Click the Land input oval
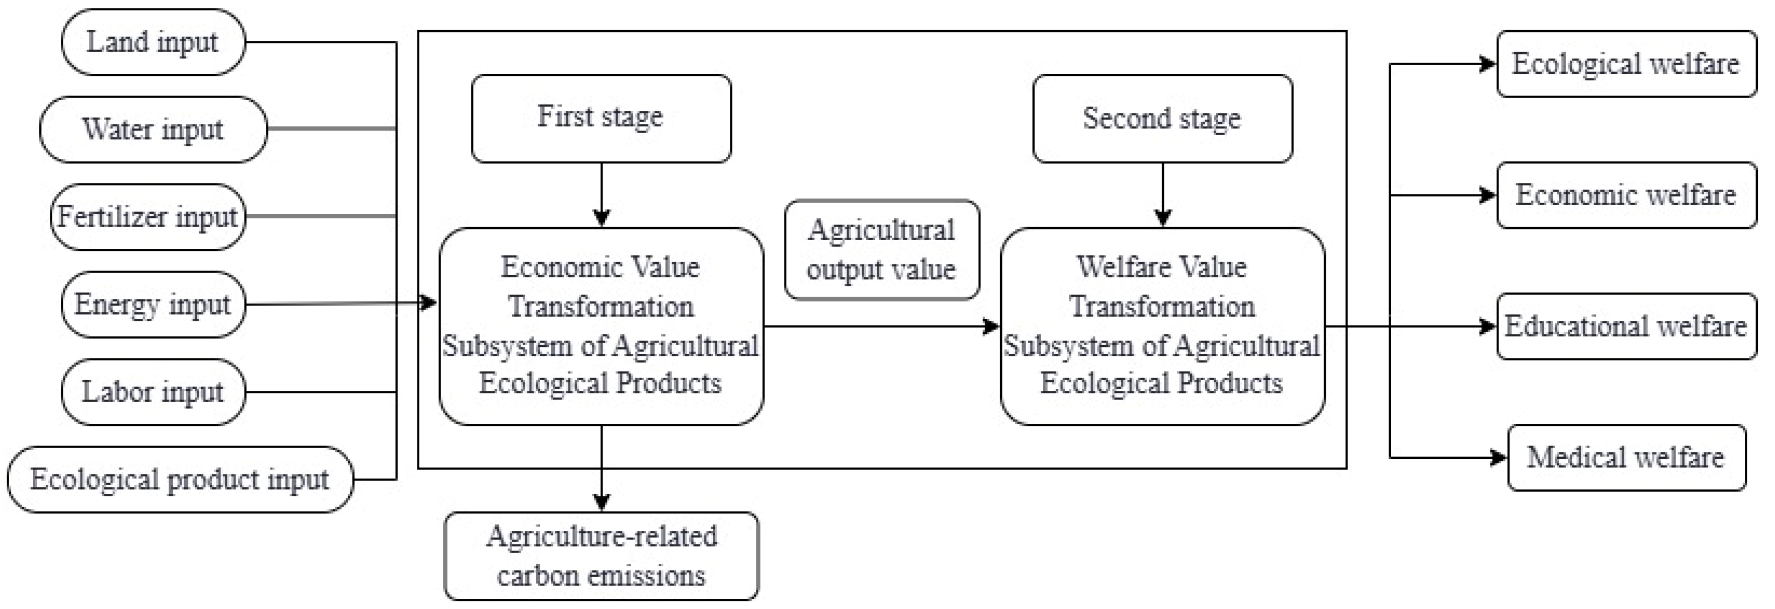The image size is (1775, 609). pos(153,42)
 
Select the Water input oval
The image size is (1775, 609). pos(153,130)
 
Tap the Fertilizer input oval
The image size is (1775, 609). pos(147,216)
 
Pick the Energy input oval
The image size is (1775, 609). pos(153,304)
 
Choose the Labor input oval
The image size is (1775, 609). pos(153,392)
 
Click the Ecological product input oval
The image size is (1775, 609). pos(180,479)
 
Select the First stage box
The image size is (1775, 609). pos(601,118)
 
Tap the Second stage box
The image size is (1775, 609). pos(1162,118)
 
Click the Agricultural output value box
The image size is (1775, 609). pos(881,250)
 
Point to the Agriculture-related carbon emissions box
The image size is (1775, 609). pos(601,556)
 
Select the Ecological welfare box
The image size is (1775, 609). pos(1626,64)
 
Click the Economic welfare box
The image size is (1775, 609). pos(1626,195)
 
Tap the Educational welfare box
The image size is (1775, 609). pos(1626,326)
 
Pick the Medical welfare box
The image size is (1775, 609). pos(1626,457)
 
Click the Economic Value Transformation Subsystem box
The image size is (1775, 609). pos(601,326)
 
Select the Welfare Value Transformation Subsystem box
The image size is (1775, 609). pos(1162,326)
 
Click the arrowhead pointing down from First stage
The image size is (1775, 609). pos(602,218)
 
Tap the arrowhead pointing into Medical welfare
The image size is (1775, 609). pos(1498,457)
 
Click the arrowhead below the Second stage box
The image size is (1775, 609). pos(1162,218)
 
